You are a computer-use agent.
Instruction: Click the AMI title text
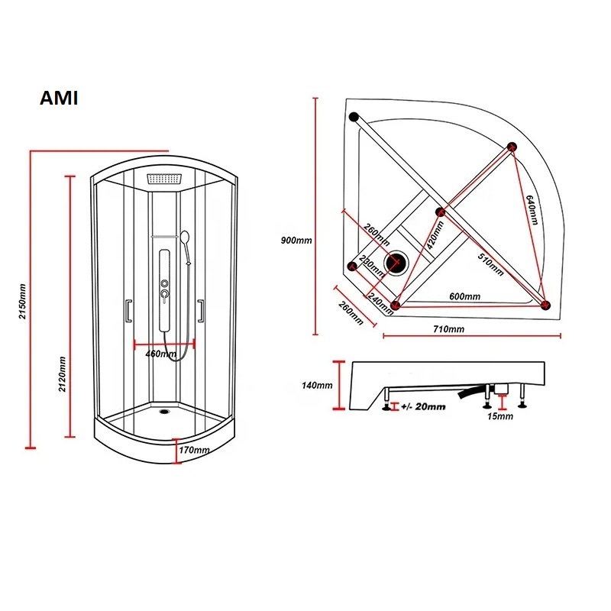pyautogui.click(x=58, y=99)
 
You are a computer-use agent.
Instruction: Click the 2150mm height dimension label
pyautogui.click(x=22, y=301)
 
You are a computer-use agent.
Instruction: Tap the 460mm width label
pyautogui.click(x=160, y=354)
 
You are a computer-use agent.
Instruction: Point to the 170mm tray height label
pyautogui.click(x=194, y=450)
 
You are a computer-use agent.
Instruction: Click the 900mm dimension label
pyautogui.click(x=296, y=240)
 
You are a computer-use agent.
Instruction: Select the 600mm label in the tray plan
pyautogui.click(x=464, y=296)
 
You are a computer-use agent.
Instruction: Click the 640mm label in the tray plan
pyautogui.click(x=532, y=209)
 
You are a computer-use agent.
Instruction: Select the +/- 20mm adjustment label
pyautogui.click(x=422, y=407)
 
